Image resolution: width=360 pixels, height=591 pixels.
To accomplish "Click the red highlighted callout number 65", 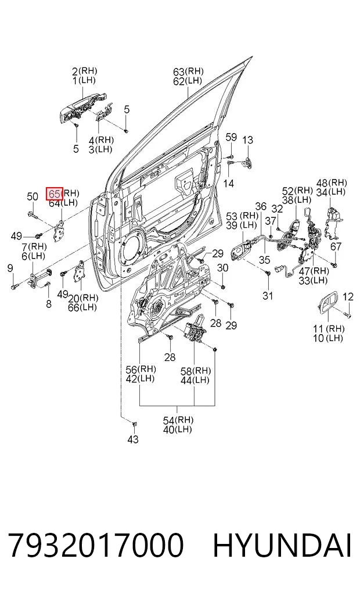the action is point(54,194).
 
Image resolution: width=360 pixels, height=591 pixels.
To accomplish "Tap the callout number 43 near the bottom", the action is point(133,439).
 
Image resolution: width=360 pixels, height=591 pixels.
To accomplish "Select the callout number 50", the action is point(33,196).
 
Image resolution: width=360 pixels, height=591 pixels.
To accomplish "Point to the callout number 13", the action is point(247,140).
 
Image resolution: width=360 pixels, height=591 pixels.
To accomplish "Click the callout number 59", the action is point(231,137).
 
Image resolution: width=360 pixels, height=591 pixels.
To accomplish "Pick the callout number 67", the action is point(336,246).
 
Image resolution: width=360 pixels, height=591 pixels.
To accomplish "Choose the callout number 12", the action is point(348,296).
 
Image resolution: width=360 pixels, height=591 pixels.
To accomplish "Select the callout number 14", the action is point(228,183).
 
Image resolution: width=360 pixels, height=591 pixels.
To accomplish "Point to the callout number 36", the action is point(261,206).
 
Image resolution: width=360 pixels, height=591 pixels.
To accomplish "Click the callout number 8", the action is point(49,304).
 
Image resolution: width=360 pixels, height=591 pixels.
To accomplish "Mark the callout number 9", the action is point(10,268).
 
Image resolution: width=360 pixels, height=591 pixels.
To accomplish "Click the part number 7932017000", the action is point(96,545).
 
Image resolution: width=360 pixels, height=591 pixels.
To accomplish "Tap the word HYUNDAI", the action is point(282,545).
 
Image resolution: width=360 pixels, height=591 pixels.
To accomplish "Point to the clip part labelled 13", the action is point(247,163).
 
